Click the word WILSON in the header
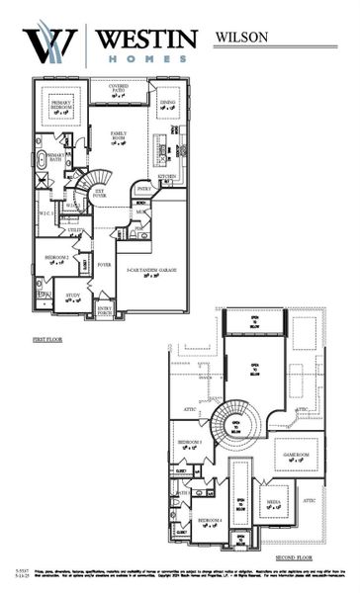[241, 37]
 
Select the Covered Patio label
[124, 91]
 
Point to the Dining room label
[168, 103]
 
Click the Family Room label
[119, 135]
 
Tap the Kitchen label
[166, 177]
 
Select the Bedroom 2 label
[55, 258]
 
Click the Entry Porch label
[104, 309]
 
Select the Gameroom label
[297, 456]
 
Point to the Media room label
[272, 501]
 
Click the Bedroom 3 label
[189, 442]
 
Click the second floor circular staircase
[237, 423]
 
